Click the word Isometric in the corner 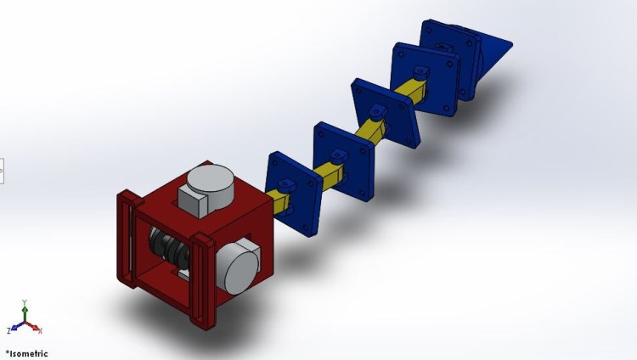coord(28,353)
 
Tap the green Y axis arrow coord(25,313)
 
